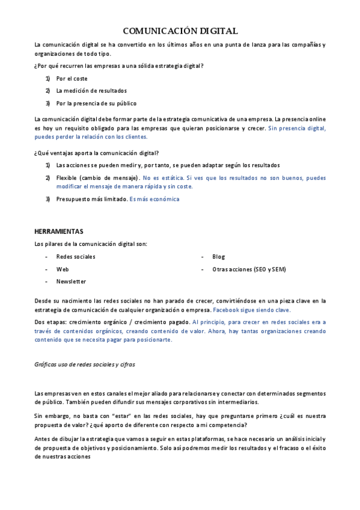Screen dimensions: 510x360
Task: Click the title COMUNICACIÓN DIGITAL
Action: click(180, 31)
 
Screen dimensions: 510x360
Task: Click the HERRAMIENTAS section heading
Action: click(59, 232)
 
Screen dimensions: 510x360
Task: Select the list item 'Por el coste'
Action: click(72, 78)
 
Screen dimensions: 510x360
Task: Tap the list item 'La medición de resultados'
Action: click(91, 91)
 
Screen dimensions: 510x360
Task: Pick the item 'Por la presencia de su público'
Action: click(96, 103)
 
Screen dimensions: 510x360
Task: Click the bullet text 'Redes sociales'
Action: click(76, 257)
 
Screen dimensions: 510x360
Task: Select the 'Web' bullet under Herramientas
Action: click(63, 269)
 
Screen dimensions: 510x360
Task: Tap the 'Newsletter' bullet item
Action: click(71, 281)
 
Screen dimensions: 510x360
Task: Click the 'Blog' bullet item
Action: click(218, 257)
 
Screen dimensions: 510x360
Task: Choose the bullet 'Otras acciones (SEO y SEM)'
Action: click(249, 269)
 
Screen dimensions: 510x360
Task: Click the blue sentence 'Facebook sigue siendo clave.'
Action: click(252, 310)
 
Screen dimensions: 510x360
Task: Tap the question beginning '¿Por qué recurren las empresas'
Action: click(119, 65)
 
